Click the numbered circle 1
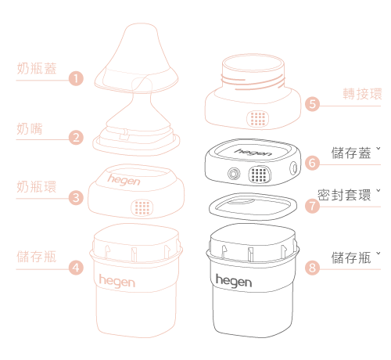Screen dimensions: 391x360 pos(76,78)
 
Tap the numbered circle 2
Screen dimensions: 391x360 pos(76,138)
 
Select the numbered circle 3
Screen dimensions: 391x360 pos(76,197)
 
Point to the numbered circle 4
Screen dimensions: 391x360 pos(76,268)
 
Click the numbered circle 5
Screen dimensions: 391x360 pos(312,104)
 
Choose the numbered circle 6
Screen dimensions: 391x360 pos(312,163)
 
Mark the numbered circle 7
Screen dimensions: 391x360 pos(312,206)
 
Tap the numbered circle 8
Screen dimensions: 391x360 pos(312,268)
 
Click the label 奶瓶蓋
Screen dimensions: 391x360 pos(37,69)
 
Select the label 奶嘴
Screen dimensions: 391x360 pos(30,128)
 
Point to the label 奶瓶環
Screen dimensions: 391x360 pos(37,187)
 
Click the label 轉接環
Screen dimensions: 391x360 pos(362,94)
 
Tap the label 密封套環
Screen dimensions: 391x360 pos(344,195)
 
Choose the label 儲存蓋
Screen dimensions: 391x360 pos(351,153)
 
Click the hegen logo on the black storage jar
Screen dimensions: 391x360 pos(234,281)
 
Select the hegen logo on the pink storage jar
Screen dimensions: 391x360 pos(117,281)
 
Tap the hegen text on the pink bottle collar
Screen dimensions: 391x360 pos(124,180)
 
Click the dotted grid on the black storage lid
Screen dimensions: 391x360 pos(260,175)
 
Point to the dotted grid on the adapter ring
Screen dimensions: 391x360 pos(258,119)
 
